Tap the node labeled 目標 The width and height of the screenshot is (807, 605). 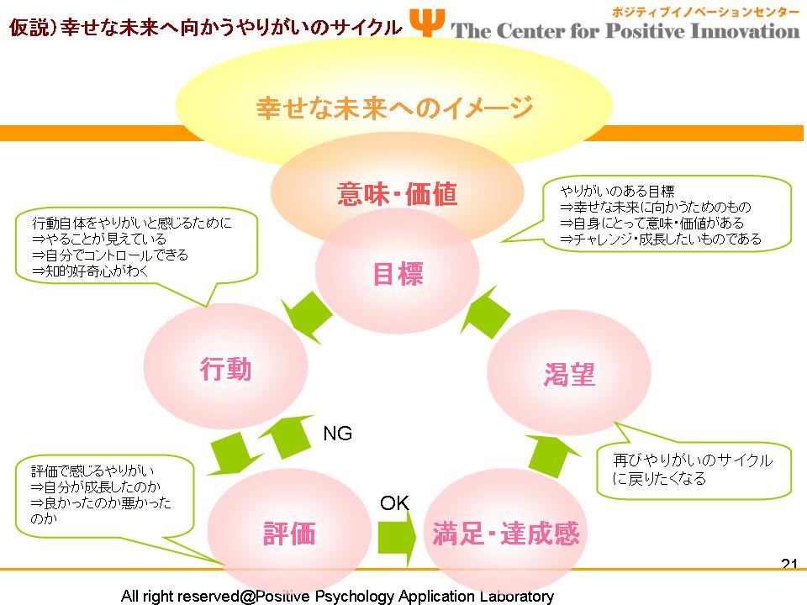coord(398,271)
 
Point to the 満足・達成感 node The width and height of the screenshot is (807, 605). coord(505,533)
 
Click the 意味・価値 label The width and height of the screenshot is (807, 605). coord(398,194)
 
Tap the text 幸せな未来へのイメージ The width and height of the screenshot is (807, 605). coord(394,108)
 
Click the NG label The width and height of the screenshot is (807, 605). coord(338,434)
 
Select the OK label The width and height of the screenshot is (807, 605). coord(395,502)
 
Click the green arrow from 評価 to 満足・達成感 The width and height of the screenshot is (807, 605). coord(397,538)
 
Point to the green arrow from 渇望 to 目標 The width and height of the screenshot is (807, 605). coord(485,313)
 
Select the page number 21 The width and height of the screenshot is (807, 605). coord(789,564)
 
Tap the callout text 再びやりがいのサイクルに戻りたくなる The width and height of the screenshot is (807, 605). coord(693,469)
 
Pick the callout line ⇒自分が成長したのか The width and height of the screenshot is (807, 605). coord(96,487)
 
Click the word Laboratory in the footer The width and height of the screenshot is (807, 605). coord(517,597)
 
